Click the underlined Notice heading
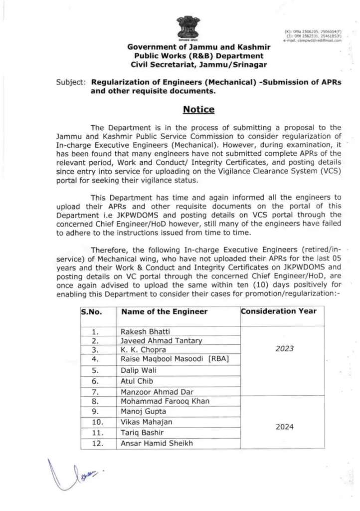198,109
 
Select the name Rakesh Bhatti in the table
142,331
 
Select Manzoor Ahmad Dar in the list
150,391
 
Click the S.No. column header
92,312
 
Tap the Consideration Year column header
279,311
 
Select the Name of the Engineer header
164,312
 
